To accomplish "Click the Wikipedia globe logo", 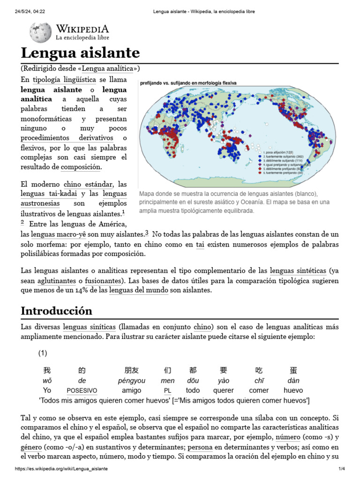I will [x=41, y=32].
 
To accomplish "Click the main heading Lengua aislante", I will [x=80, y=52].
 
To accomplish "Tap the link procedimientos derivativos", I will [x=67, y=138].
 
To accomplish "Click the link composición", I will [x=81, y=167].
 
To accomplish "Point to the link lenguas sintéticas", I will [x=298, y=271].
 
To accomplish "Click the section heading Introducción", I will [x=57, y=311].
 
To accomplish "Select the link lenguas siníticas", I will [x=90, y=327].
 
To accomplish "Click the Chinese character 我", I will [x=47, y=370].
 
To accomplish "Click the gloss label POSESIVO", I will [x=82, y=390].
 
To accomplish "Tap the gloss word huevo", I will [x=293, y=390].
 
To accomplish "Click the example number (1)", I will [x=44, y=352].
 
